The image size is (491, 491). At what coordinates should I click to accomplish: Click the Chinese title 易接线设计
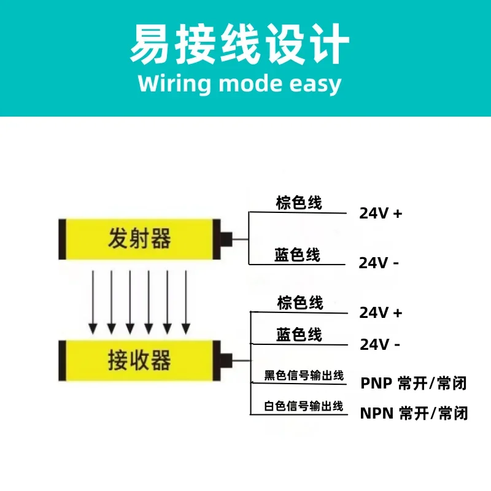[239, 44]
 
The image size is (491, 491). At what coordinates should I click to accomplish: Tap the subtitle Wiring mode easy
[239, 84]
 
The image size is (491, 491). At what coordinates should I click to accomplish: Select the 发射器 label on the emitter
[139, 238]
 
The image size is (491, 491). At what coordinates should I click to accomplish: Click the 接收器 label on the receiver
[139, 360]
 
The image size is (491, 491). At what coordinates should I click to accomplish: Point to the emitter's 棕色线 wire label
[299, 203]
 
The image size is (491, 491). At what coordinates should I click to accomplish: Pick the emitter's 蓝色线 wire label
[297, 255]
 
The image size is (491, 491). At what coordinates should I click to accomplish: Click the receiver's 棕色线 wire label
[300, 303]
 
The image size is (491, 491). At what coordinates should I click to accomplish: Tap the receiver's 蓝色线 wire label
[299, 334]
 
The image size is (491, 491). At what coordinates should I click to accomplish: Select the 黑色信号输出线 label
[304, 375]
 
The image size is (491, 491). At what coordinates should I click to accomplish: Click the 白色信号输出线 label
[304, 406]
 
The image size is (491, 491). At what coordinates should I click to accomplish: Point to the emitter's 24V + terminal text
[381, 214]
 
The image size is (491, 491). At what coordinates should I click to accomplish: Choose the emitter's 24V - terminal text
[379, 263]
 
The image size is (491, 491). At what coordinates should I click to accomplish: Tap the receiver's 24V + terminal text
[381, 312]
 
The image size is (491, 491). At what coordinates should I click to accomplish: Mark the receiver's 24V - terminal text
[380, 344]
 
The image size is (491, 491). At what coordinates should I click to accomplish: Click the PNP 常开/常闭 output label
[414, 383]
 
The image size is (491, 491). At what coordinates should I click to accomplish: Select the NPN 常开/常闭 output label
[414, 413]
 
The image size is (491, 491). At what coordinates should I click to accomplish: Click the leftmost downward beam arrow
[93, 302]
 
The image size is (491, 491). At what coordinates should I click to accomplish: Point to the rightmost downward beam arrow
[186, 302]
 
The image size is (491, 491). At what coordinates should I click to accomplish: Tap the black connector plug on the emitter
[226, 239]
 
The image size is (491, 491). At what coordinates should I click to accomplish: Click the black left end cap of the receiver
[63, 360]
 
